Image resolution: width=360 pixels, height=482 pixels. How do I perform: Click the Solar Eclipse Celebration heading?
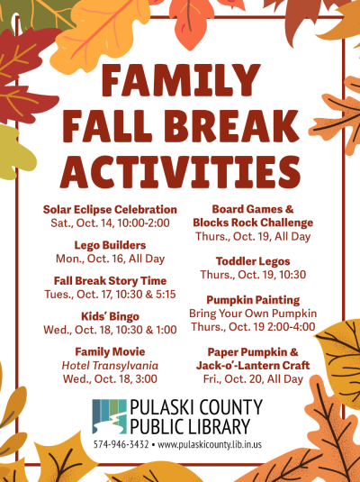[110, 210]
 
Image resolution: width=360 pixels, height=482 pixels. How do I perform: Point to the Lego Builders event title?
[110, 244]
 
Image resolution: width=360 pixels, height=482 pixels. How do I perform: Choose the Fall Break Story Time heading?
[110, 281]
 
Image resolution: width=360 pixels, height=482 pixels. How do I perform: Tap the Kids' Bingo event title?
[110, 316]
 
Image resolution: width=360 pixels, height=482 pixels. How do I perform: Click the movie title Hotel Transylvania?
[110, 366]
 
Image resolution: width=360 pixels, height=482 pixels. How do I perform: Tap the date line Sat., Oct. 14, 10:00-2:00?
[110, 223]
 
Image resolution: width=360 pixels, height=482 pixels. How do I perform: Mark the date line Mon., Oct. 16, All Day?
[110, 258]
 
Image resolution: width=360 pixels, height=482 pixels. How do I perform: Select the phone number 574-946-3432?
[121, 445]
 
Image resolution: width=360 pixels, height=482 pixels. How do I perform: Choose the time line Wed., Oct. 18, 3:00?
[110, 378]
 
